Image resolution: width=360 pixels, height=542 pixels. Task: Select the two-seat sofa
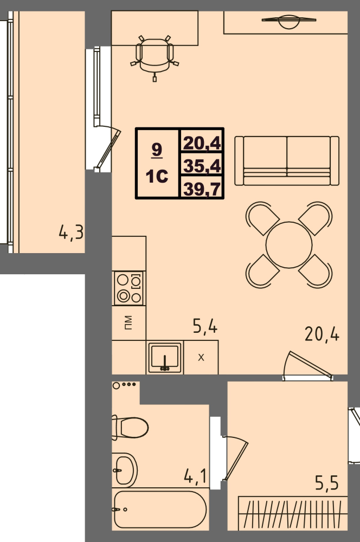287,161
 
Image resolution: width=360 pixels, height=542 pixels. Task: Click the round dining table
289,245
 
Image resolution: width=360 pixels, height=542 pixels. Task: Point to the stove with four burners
129,288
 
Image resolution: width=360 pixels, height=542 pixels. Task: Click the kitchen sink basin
165,357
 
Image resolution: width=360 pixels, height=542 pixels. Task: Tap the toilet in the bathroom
130,428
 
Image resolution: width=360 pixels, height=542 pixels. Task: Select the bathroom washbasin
125,470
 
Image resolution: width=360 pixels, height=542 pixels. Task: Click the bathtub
160,509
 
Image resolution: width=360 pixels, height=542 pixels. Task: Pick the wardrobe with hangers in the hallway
293,513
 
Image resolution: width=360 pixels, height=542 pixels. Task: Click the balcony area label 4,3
71,232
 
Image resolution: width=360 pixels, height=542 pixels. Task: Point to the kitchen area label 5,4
205,326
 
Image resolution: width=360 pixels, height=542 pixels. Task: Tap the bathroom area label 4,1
195,476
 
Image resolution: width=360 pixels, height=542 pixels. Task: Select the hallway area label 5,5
326,482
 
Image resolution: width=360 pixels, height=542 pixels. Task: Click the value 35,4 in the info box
202,165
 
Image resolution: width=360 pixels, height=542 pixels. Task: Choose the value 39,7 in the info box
202,189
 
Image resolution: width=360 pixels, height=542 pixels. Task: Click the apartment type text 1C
157,176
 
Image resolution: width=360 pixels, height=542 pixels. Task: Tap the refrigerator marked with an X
201,357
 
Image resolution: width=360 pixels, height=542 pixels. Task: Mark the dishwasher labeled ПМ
128,323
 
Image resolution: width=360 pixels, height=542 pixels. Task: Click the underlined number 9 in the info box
157,150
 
